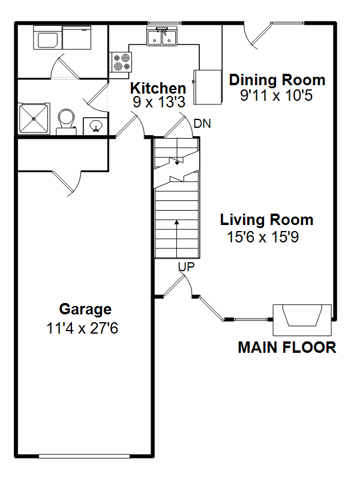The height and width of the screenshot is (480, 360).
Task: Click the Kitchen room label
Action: [x=158, y=88]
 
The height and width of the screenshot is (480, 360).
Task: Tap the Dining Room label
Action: [x=277, y=80]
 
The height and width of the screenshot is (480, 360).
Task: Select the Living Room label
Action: [x=266, y=220]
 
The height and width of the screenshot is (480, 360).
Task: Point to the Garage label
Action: [x=85, y=309]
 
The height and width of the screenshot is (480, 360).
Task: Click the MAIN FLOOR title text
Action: [x=287, y=347]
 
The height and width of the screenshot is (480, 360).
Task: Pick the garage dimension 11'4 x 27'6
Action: [x=82, y=328]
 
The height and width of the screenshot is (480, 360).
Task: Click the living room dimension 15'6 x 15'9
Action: [x=263, y=236]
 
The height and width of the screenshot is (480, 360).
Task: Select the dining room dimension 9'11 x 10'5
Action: [x=276, y=95]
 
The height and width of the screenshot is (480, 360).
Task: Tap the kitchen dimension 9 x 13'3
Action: [x=159, y=101]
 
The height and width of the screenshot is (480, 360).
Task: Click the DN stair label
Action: [x=202, y=124]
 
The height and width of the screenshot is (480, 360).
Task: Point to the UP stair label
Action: [x=186, y=267]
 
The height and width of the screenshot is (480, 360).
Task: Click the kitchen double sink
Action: [x=161, y=36]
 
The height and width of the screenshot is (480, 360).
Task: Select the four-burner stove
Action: [x=121, y=62]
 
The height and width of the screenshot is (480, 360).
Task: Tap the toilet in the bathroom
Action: [x=66, y=122]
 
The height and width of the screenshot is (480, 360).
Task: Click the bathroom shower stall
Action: [x=34, y=118]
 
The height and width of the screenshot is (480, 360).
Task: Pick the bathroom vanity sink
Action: [x=95, y=126]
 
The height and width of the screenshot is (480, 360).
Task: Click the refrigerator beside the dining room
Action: [x=208, y=87]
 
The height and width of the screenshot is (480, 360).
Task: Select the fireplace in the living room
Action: [x=302, y=320]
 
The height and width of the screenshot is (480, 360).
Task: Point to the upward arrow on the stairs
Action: [x=176, y=239]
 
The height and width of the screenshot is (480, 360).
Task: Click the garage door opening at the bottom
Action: [x=84, y=457]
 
